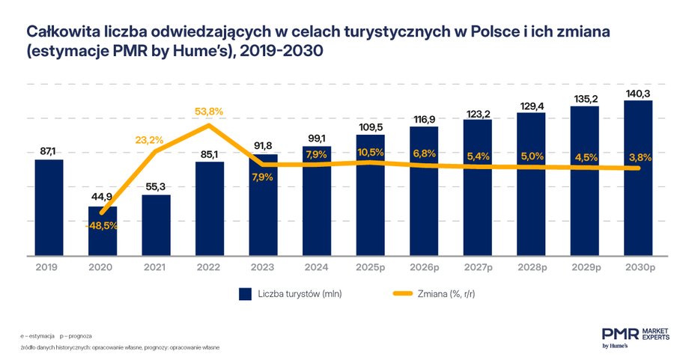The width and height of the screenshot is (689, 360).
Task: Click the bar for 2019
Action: point(49,207)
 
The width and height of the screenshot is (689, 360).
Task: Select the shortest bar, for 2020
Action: point(103,231)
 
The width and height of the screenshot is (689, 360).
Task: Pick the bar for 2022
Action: point(210,209)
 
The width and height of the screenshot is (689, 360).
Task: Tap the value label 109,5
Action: point(370,126)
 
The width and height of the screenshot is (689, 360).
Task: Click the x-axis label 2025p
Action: point(370,267)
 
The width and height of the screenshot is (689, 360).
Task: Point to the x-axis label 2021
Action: point(156,267)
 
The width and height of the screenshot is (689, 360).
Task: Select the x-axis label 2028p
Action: point(531,267)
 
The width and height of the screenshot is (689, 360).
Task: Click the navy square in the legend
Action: point(245,294)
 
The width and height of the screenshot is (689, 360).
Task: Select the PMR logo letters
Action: point(617,333)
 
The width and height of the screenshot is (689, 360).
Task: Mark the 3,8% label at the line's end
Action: point(638,157)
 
